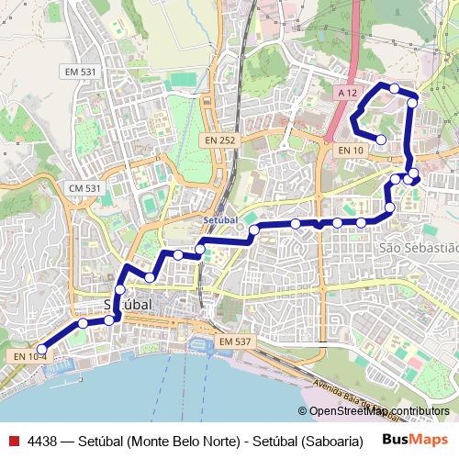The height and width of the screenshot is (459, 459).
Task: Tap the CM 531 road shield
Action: click(84, 188)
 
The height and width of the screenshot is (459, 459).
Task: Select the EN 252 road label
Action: click(221, 140)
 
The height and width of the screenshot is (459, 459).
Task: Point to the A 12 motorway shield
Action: click(346, 94)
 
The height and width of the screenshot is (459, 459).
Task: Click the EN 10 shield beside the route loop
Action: click(350, 150)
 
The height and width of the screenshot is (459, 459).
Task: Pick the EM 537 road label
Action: click(234, 341)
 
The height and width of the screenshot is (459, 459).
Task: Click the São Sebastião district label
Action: click(418, 248)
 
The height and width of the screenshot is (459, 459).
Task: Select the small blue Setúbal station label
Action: click(220, 221)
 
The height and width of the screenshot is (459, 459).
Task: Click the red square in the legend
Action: click(13, 441)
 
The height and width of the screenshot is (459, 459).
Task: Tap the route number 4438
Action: click(43, 441)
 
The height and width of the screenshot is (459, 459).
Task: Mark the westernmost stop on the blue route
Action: click(41, 349)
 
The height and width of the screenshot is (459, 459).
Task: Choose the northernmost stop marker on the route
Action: click(394, 88)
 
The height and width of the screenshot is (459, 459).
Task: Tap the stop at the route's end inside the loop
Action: click(382, 140)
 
